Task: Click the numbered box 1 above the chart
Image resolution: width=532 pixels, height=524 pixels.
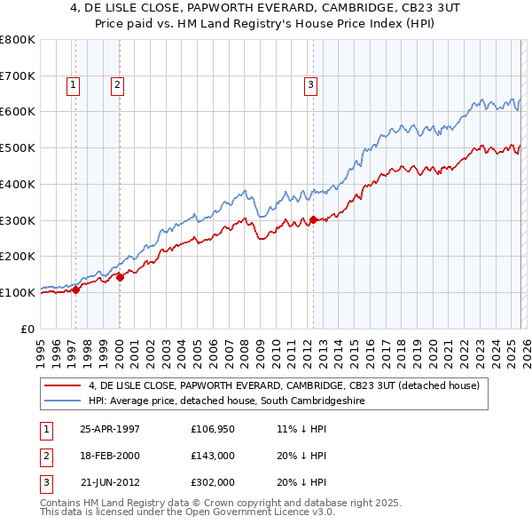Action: pyautogui.click(x=72, y=85)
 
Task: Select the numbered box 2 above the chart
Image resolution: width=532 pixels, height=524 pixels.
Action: pyautogui.click(x=117, y=85)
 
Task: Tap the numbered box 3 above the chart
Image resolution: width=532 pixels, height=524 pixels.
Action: pyautogui.click(x=311, y=85)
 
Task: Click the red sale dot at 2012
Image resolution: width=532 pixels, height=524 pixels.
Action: pyautogui.click(x=313, y=219)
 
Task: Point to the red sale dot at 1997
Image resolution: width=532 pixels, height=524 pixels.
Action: pyautogui.click(x=75, y=289)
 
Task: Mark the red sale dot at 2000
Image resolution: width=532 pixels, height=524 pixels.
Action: pyautogui.click(x=120, y=276)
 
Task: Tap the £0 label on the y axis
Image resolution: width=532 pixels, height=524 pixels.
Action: pyautogui.click(x=27, y=329)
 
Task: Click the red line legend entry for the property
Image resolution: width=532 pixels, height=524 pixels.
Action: pyautogui.click(x=284, y=385)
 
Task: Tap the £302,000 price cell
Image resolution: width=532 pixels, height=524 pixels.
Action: pyautogui.click(x=212, y=482)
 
